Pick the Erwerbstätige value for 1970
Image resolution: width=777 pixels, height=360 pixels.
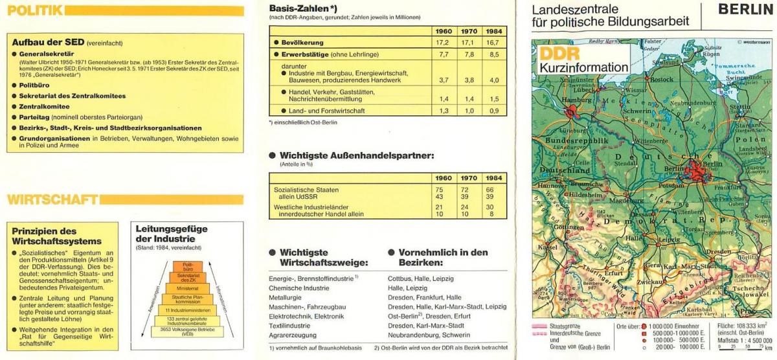pos(469,55)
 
